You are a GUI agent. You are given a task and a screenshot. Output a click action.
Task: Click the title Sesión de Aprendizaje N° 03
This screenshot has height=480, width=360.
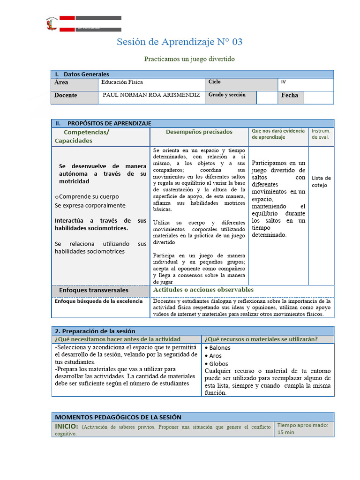coord(180,42)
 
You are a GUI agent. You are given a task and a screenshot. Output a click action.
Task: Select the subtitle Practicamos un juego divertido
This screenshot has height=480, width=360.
coord(189,60)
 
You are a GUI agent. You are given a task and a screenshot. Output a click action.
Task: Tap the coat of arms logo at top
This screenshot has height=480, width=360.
coord(52,24)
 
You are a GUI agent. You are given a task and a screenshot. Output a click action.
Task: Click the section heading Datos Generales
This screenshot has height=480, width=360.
coord(86,74)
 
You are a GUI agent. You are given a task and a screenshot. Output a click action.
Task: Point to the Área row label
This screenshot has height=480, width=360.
coord(61,82)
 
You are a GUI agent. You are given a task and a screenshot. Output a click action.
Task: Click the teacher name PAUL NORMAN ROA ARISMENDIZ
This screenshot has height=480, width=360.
coord(151,95)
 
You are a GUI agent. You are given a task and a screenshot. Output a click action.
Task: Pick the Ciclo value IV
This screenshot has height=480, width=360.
coord(283,82)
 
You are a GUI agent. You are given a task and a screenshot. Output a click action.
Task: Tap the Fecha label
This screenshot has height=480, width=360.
coord(289,96)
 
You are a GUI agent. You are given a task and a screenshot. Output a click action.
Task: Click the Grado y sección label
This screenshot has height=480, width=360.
coord(227,95)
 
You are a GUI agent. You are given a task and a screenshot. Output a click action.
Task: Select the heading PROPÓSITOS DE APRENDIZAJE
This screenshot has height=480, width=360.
coord(109,123)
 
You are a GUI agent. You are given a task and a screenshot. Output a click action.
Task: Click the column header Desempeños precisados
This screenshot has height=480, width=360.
coord(199,132)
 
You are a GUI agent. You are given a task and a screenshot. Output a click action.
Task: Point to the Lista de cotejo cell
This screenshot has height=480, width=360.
coord(321,181)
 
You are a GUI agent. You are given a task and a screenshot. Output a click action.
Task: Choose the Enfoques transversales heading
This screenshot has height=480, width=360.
coord(93,291)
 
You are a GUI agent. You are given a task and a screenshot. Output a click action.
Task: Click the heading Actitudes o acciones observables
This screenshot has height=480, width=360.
coord(203,290)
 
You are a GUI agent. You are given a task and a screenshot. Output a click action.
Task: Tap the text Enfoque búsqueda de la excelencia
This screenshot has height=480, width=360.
coord(98,301)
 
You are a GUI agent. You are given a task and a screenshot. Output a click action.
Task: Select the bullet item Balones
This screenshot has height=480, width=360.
coord(219,348)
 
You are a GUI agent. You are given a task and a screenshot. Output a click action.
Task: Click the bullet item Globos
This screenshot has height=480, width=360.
coord(218,364)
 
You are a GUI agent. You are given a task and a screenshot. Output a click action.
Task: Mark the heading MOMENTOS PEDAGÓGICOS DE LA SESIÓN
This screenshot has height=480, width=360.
coord(118,417)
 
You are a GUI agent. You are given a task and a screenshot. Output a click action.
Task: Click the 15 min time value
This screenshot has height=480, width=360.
coord(286,432)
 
